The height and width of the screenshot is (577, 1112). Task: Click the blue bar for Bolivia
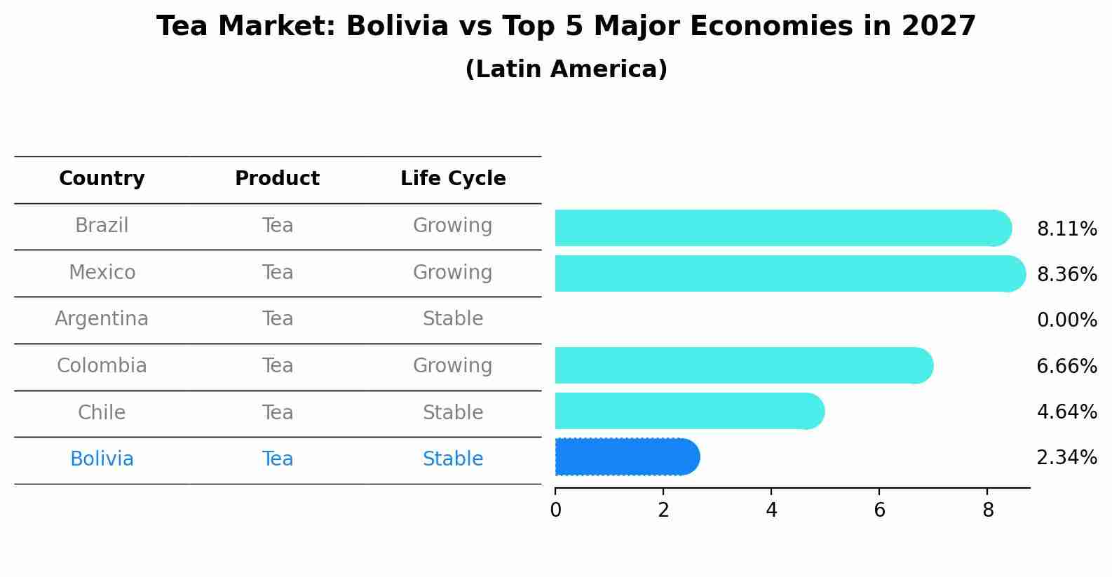[627, 457]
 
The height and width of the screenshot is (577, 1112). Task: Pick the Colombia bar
[743, 365]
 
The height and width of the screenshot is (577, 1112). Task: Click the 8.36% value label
[1066, 274]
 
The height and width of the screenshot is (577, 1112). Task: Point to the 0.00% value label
[1066, 320]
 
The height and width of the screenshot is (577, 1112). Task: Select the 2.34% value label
[1066, 458]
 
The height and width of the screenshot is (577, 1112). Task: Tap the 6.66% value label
[1066, 366]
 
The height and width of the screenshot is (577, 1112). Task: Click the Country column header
[102, 179]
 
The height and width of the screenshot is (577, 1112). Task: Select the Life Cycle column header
[453, 179]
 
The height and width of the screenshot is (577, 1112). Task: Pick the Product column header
[277, 179]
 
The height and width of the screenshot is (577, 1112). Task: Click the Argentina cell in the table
[102, 319]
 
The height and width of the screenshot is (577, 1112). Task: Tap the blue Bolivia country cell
[102, 459]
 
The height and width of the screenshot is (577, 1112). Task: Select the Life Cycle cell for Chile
[453, 412]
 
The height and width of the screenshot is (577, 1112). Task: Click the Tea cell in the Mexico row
[278, 272]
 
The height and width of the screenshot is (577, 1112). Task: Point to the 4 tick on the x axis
[771, 510]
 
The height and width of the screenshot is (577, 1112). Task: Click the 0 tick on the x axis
[555, 510]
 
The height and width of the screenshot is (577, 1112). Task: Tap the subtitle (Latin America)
[566, 69]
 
